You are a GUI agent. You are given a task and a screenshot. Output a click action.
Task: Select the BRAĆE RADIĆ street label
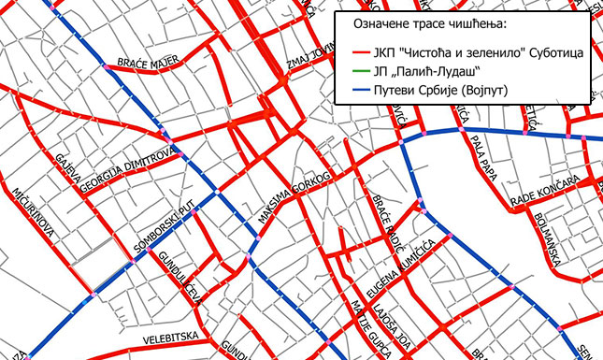[x=384, y=222]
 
